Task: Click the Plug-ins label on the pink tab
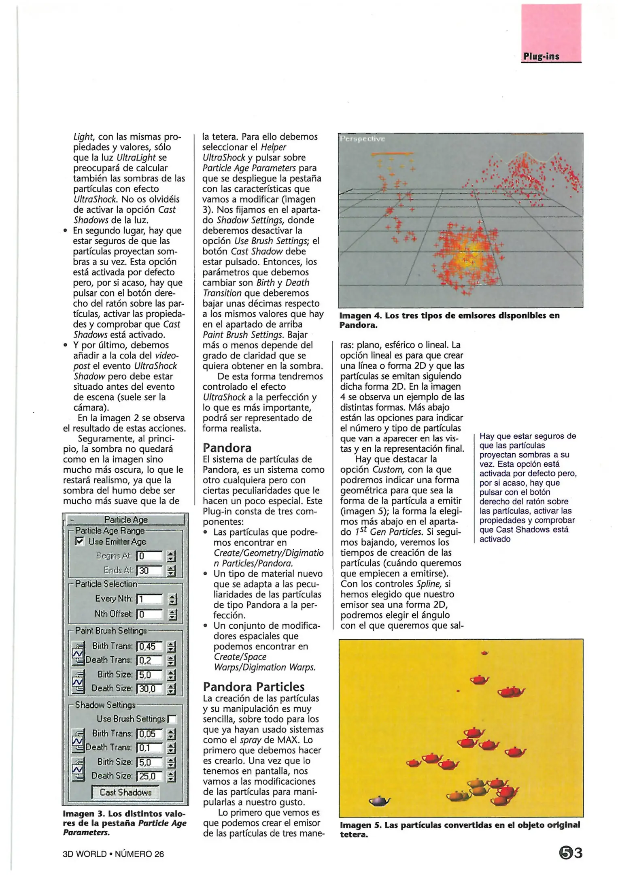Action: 541,56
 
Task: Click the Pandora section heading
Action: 227,448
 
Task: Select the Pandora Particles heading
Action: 254,687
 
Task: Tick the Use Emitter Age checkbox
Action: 80,541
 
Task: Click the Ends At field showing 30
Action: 149,570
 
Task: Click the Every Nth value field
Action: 149,599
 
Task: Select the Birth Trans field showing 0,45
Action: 149,647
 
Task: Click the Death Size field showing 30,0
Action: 149,689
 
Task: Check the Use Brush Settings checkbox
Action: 172,719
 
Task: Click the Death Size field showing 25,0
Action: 149,776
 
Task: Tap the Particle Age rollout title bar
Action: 125,519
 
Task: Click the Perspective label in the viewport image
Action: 362,139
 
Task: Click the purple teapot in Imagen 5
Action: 379,801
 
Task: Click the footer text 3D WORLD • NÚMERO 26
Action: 113,854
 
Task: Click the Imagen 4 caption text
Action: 449,320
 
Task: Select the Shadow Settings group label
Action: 105,705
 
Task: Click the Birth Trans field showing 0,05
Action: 149,734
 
